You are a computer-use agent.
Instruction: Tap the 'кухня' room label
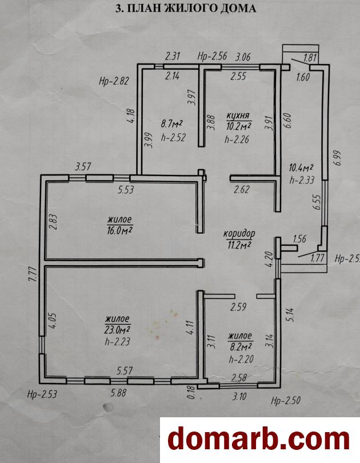[x=238, y=115]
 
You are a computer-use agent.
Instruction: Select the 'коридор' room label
[x=239, y=234]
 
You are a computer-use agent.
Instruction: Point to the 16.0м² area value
[x=119, y=230]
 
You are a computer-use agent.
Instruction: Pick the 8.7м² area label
[x=171, y=123]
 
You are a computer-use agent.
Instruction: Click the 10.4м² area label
[x=301, y=168]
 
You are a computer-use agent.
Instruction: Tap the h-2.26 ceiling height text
[x=237, y=139]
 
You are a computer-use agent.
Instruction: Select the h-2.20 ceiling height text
[x=241, y=359]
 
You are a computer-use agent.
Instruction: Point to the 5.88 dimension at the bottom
[x=118, y=393]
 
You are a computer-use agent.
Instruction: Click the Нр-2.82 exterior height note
[x=114, y=81]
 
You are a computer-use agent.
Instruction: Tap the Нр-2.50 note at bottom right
[x=286, y=400]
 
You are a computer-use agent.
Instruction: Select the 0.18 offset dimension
[x=192, y=392]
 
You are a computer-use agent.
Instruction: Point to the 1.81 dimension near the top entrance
[x=310, y=57]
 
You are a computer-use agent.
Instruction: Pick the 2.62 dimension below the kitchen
[x=242, y=189]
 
